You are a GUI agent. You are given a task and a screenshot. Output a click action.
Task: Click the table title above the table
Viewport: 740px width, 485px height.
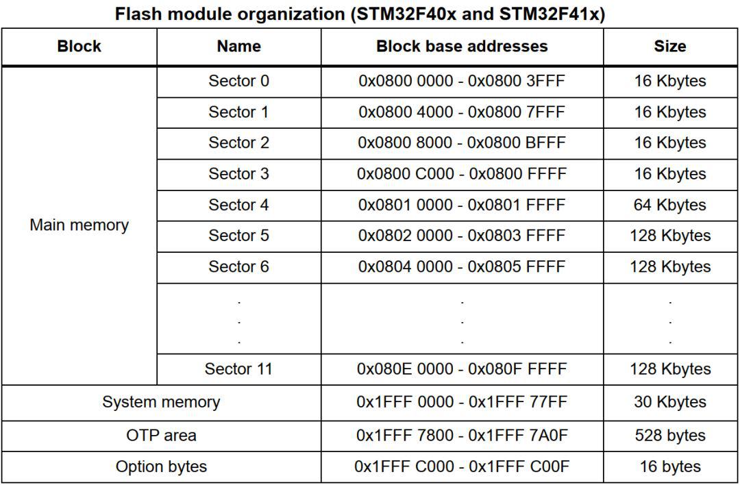360,14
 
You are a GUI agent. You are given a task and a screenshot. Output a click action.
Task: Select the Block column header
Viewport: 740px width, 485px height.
79,46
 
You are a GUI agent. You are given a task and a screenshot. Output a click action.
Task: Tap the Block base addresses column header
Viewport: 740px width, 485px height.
462,46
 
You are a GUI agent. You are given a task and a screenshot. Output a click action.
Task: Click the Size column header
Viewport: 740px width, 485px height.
670,46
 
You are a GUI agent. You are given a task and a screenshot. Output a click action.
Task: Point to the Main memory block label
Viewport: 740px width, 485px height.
79,225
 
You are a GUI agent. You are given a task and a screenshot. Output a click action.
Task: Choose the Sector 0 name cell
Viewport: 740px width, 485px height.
239,81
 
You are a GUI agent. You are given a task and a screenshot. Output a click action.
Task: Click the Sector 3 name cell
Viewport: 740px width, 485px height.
239,173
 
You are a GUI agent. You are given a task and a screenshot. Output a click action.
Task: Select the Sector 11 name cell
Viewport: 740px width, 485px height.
239,369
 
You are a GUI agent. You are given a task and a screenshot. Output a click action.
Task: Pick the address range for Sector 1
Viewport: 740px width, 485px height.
462,112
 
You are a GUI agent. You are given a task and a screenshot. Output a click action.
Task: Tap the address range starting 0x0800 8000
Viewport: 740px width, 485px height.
462,142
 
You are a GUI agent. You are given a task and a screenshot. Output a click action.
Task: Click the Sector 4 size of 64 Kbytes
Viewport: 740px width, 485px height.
670,205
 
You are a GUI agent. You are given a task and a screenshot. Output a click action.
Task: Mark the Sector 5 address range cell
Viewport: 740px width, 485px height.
462,236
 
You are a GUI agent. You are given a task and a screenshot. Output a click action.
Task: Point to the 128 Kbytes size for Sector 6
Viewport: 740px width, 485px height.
670,266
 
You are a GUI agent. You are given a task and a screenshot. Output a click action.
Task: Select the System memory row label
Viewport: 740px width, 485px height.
162,402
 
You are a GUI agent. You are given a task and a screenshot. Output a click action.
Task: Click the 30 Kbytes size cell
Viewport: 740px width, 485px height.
670,402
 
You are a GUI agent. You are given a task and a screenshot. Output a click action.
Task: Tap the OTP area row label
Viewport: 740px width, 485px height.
162,435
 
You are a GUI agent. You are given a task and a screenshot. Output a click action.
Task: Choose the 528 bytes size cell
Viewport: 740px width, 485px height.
670,436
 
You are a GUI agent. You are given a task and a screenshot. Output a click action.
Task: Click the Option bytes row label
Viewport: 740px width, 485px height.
162,467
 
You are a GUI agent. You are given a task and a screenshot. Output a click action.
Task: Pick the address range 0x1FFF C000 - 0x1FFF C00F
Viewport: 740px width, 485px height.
462,467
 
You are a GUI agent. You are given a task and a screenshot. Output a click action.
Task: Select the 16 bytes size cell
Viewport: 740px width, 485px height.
670,467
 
